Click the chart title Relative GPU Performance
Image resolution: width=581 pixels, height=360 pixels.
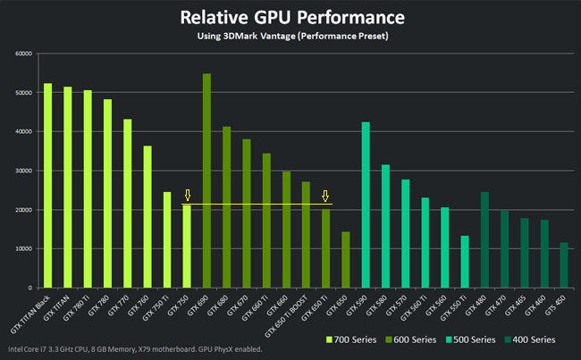point(290,17)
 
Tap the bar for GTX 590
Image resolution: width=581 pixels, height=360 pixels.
point(366,205)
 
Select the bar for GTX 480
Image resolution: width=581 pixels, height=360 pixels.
point(484,240)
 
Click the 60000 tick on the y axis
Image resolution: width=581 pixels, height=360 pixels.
point(23,54)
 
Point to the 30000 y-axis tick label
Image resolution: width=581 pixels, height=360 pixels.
point(23,171)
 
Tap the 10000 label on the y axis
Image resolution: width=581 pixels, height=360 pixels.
point(23,249)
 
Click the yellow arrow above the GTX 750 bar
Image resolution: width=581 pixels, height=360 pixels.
point(187,196)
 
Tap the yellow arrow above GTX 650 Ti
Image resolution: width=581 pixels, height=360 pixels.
point(325,196)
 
